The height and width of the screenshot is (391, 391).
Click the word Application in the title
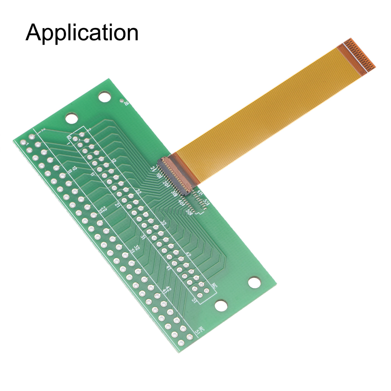coord(82,33)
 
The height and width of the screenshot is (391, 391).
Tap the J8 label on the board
coord(126,103)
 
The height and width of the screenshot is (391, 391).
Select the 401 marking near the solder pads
coord(182,202)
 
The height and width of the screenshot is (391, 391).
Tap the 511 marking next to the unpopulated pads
coord(206,202)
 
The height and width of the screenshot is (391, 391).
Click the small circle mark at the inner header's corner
coord(70,137)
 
